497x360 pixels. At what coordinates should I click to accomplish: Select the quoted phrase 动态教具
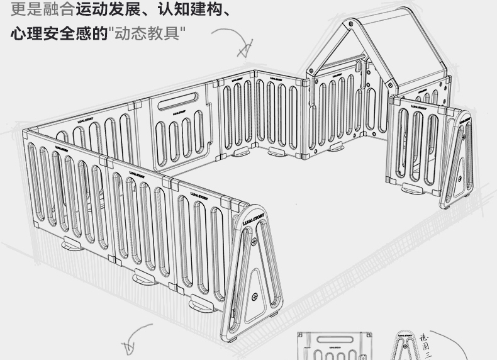coord(148,33)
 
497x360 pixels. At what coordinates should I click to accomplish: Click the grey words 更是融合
coord(42,11)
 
